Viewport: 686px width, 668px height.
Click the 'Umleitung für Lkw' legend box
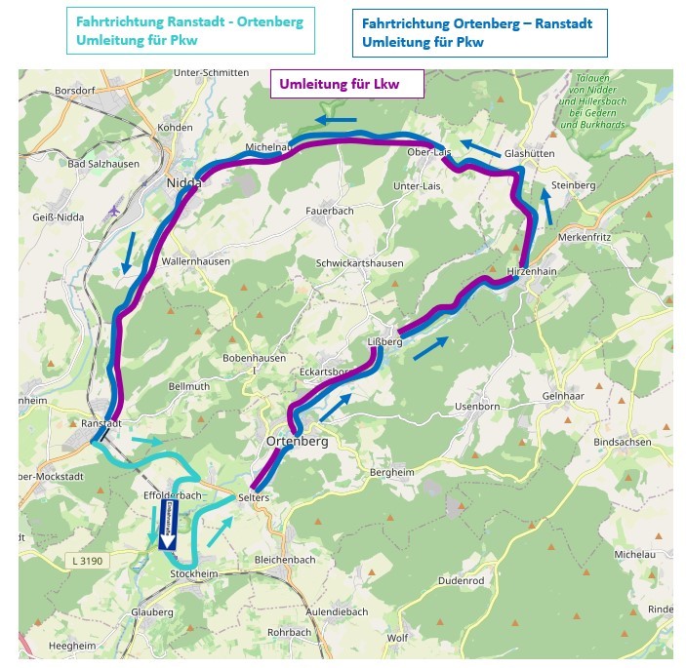346,84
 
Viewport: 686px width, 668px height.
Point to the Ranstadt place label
101,423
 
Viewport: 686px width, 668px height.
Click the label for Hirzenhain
531,271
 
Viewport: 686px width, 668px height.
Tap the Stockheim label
191,573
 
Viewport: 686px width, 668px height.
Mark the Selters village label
252,498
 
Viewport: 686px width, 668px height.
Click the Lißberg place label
384,341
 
